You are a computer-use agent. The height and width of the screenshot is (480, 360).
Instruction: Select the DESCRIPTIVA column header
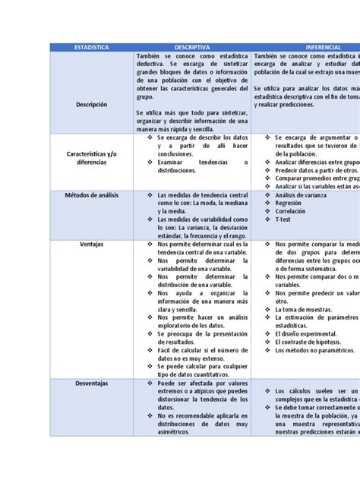click(x=191, y=47)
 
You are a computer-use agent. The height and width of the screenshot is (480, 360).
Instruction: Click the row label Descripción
click(x=91, y=104)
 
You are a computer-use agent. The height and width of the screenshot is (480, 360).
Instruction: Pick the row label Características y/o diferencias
click(x=91, y=157)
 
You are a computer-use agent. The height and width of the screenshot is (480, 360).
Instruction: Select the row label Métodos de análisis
click(x=91, y=195)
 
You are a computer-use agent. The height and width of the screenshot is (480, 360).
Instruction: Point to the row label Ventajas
click(x=91, y=245)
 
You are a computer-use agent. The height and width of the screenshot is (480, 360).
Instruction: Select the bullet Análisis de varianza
click(x=293, y=195)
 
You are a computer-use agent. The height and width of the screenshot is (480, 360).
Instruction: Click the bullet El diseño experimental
click(x=297, y=332)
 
